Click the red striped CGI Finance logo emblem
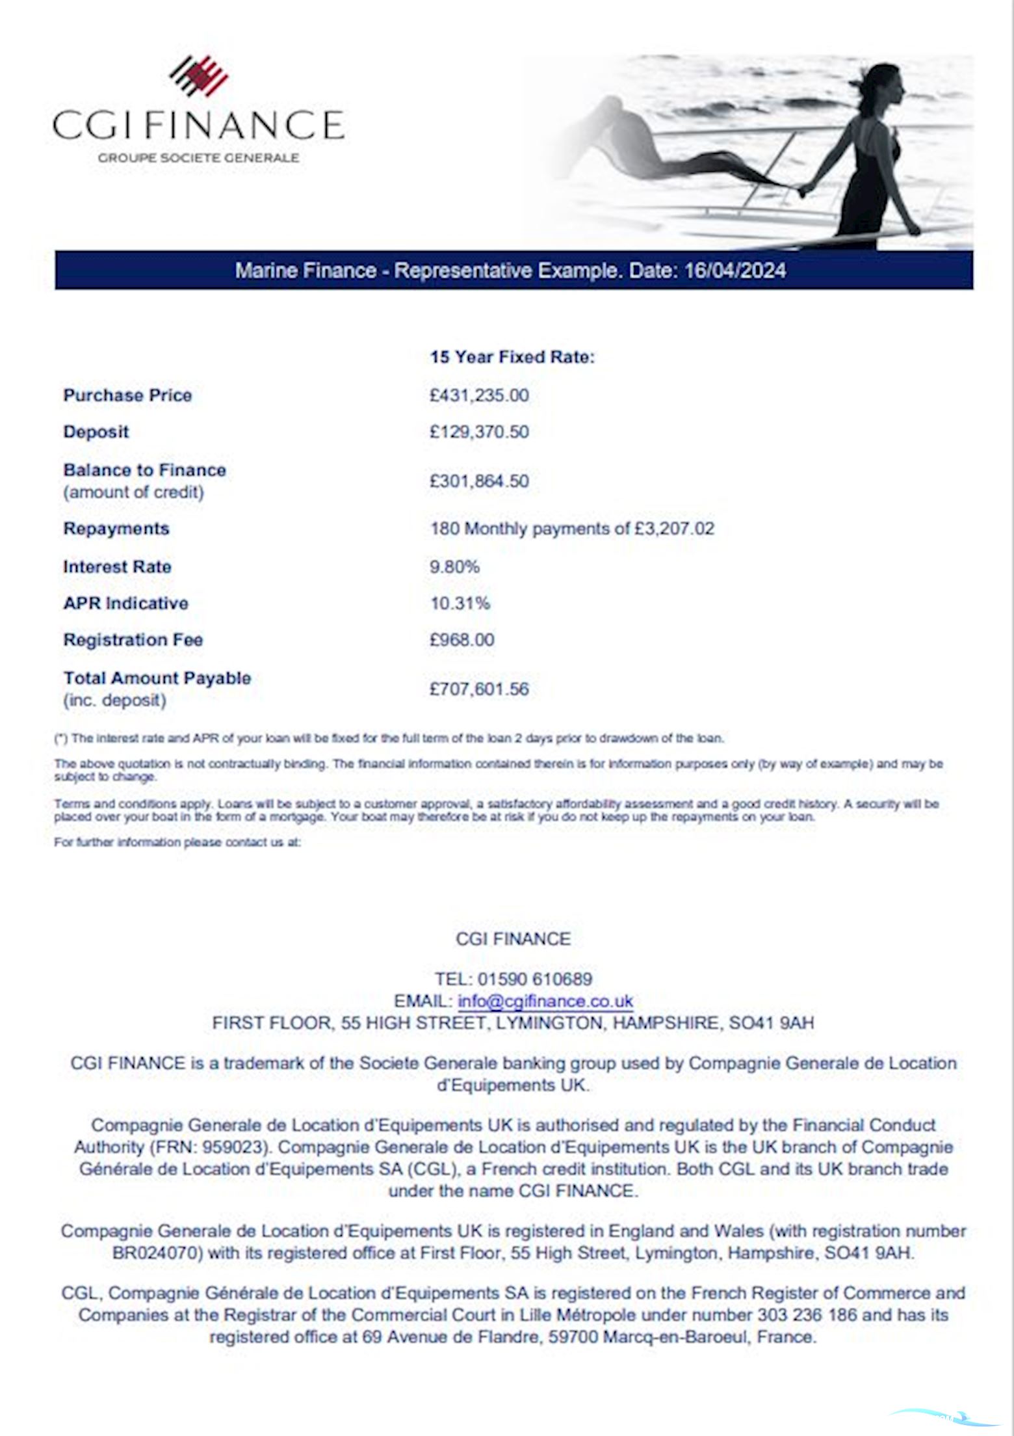199,76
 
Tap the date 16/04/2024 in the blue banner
735,271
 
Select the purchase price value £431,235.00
479,395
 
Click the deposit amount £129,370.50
479,432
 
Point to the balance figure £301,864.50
479,481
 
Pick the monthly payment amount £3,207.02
674,529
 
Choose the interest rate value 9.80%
454,567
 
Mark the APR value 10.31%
460,604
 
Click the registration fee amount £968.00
461,640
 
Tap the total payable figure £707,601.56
479,689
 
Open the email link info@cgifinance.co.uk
545,1002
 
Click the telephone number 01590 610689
535,979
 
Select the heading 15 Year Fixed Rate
512,357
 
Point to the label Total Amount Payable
157,678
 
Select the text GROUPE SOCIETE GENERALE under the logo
198,157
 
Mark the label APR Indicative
125,604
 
